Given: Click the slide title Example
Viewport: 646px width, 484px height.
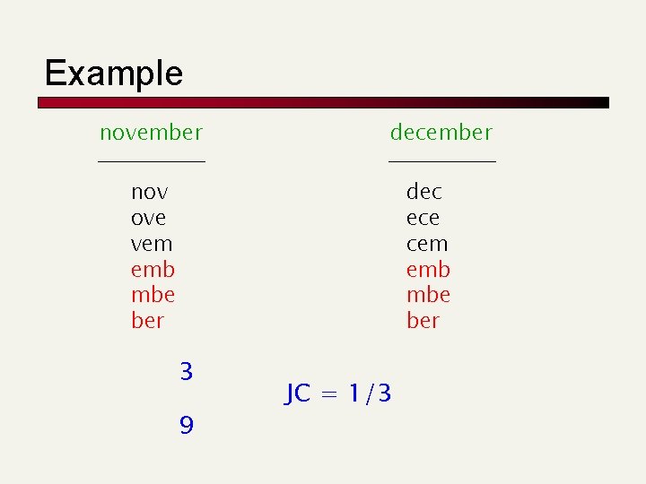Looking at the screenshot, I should click(x=113, y=73).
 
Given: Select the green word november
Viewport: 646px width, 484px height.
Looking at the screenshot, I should click(x=151, y=133).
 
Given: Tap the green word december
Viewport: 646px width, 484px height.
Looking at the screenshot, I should click(x=441, y=133).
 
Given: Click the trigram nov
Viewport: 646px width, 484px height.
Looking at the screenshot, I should click(x=150, y=192).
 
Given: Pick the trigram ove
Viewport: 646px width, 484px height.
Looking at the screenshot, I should click(x=148, y=218).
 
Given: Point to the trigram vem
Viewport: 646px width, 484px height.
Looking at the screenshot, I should click(x=152, y=244).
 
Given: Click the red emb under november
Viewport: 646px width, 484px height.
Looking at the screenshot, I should click(x=153, y=269).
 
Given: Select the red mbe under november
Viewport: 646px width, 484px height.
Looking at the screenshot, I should click(x=153, y=295).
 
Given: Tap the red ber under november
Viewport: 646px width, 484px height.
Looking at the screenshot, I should click(x=148, y=320).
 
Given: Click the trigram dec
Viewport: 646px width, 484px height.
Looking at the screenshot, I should click(x=424, y=192).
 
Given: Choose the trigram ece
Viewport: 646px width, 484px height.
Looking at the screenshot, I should click(x=423, y=218).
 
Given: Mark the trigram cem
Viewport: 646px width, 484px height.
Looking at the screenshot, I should click(x=427, y=244).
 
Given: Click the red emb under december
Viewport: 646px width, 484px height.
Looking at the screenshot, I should click(x=428, y=269).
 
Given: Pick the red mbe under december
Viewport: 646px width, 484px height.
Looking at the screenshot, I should click(x=428, y=295).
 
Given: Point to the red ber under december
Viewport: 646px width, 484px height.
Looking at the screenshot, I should click(x=423, y=320).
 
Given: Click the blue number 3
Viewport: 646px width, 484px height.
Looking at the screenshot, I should click(x=186, y=371).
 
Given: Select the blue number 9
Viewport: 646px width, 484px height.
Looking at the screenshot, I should click(x=186, y=424).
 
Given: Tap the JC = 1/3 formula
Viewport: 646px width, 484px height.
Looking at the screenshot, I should click(x=338, y=393).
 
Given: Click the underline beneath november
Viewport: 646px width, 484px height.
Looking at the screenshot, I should click(x=151, y=161).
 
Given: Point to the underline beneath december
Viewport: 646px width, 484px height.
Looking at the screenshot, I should click(x=441, y=161).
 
